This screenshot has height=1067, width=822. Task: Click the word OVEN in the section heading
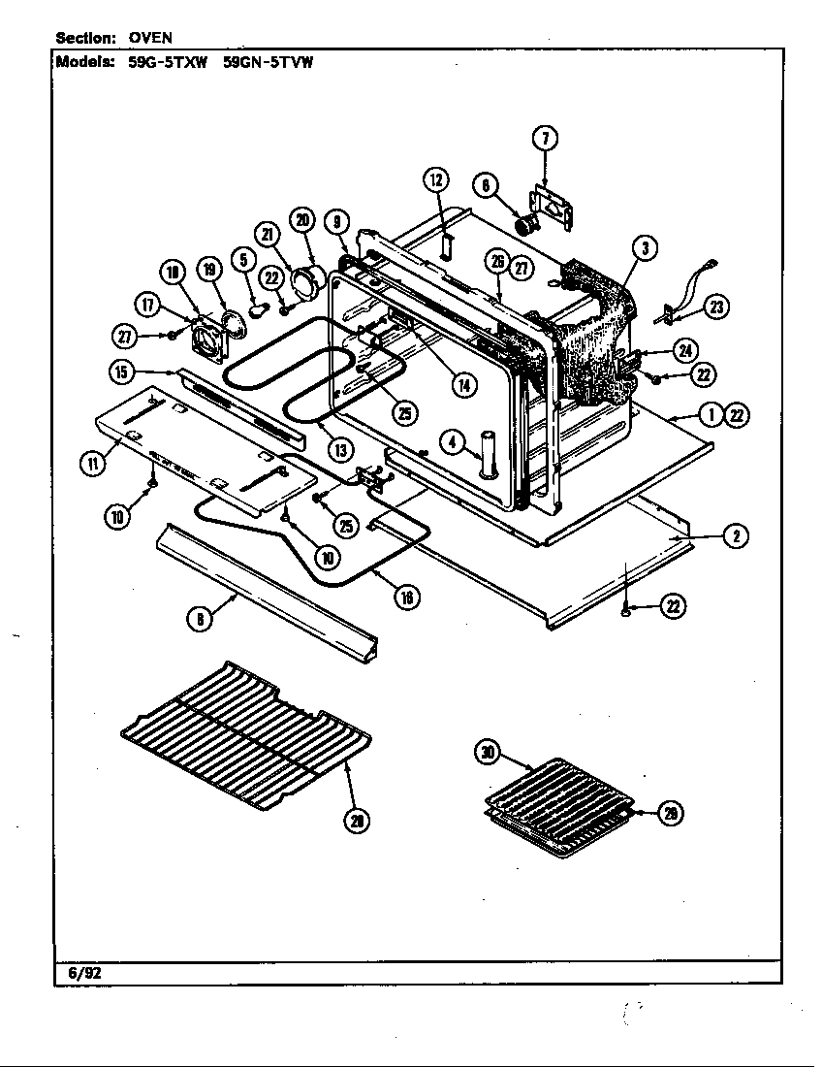pyautogui.click(x=151, y=38)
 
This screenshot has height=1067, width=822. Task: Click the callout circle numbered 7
pyautogui.click(x=544, y=138)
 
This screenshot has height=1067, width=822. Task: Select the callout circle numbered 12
pyautogui.click(x=435, y=179)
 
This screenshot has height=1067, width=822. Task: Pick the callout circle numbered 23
pyautogui.click(x=716, y=307)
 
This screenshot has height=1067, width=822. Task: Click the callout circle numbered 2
pyautogui.click(x=737, y=534)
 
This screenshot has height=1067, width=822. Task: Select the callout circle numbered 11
pyautogui.click(x=94, y=464)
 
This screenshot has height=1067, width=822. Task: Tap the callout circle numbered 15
pyautogui.click(x=120, y=372)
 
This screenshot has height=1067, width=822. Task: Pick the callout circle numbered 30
pyautogui.click(x=488, y=753)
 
